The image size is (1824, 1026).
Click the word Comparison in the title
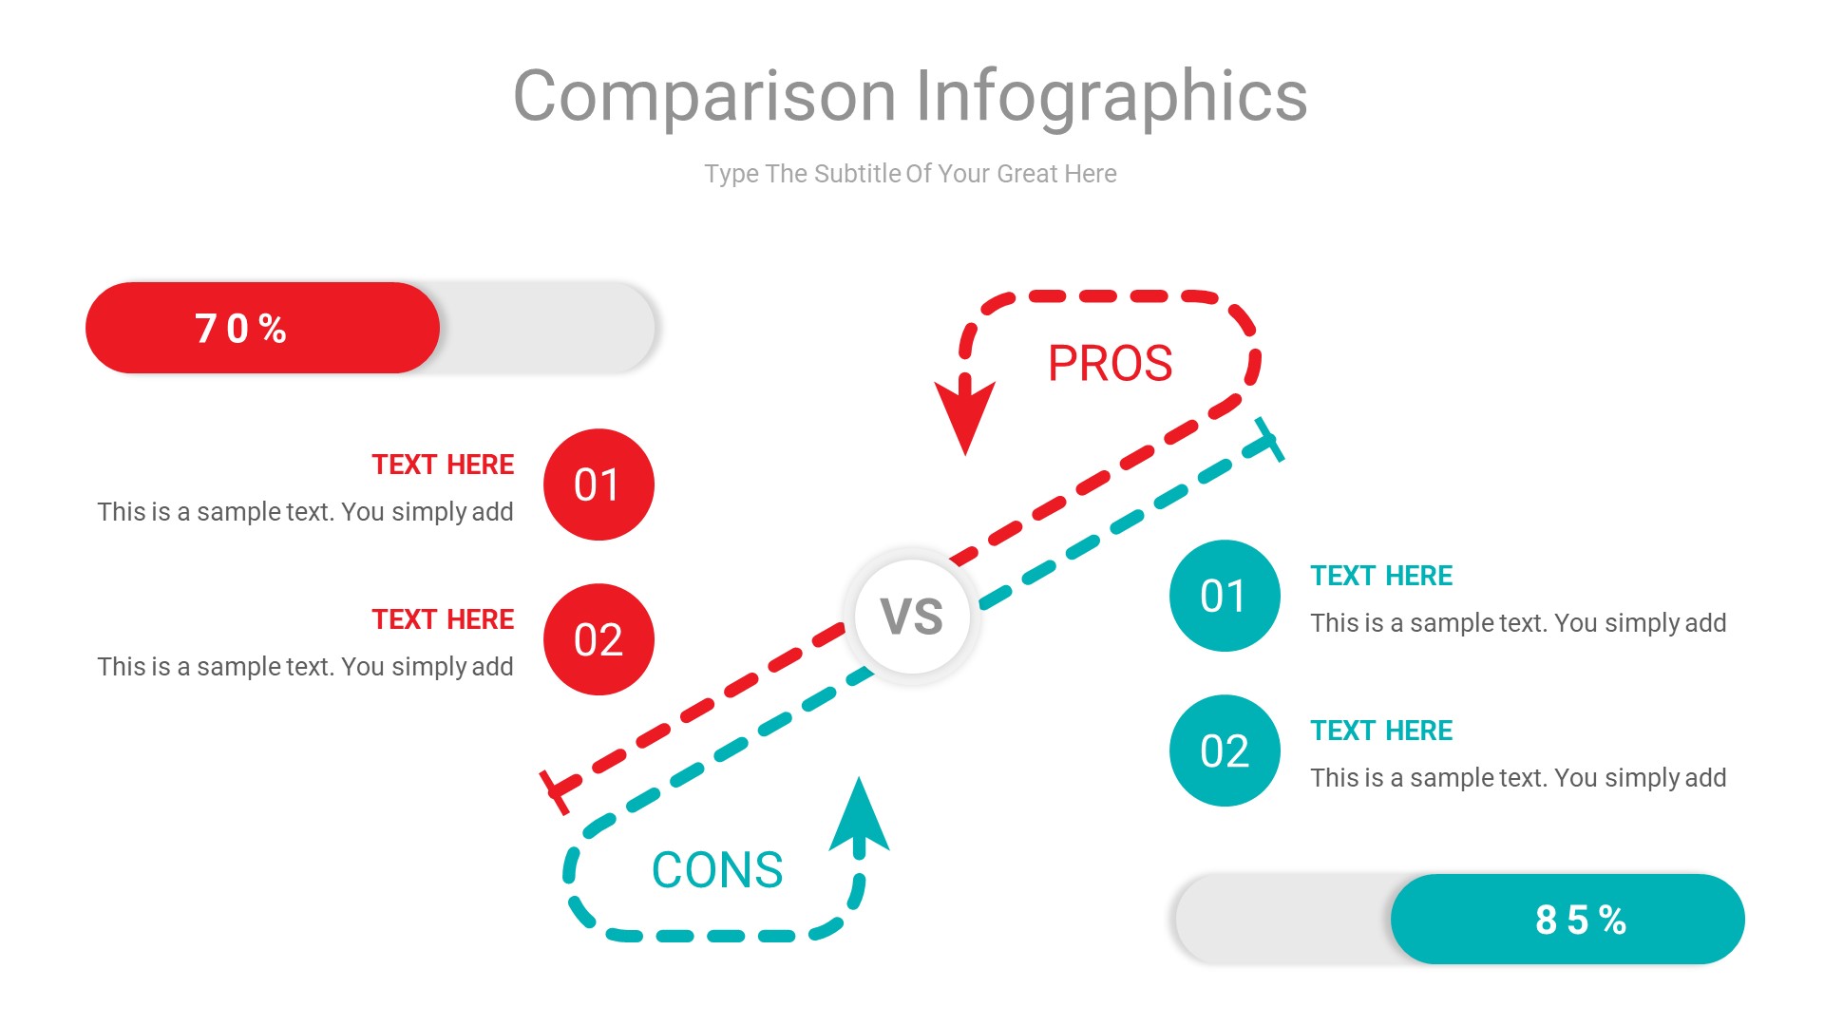tap(704, 97)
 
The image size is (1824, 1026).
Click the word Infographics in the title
tap(1111, 97)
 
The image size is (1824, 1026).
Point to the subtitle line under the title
tap(910, 174)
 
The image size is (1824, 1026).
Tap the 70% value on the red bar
tap(241, 329)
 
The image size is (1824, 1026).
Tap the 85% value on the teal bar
tap(1581, 920)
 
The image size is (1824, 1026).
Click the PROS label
tap(1110, 364)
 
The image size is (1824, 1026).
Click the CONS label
tap(717, 870)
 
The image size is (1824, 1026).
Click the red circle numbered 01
tap(598, 484)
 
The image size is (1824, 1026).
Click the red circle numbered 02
tap(598, 639)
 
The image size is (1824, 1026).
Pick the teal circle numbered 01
tap(1225, 596)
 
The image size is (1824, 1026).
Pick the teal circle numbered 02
tap(1225, 750)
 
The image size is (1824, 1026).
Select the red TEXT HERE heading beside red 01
tap(443, 465)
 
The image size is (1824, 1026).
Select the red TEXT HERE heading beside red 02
tap(443, 619)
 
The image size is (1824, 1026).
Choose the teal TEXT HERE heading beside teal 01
tap(1381, 576)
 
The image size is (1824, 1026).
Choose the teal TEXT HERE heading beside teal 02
tap(1381, 731)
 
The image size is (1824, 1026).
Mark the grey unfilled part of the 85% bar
tap(1282, 920)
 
